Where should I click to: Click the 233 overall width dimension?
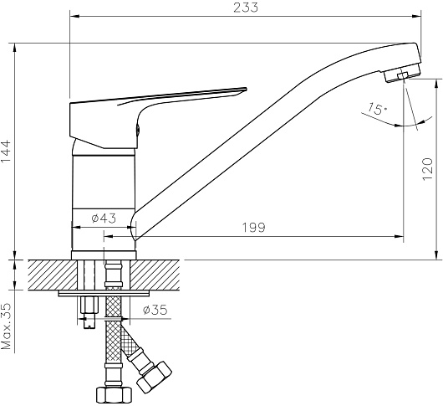(x=246, y=8)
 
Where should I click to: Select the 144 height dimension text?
(x=6, y=151)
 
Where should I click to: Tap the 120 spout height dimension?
(x=427, y=169)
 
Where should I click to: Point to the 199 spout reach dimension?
(x=254, y=228)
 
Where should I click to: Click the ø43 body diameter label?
(x=104, y=218)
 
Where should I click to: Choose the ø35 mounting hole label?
(x=155, y=310)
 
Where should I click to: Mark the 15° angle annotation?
(x=377, y=109)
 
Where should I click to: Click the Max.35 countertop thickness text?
(x=6, y=326)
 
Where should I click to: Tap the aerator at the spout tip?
(x=402, y=75)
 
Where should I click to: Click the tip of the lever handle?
(x=247, y=88)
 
